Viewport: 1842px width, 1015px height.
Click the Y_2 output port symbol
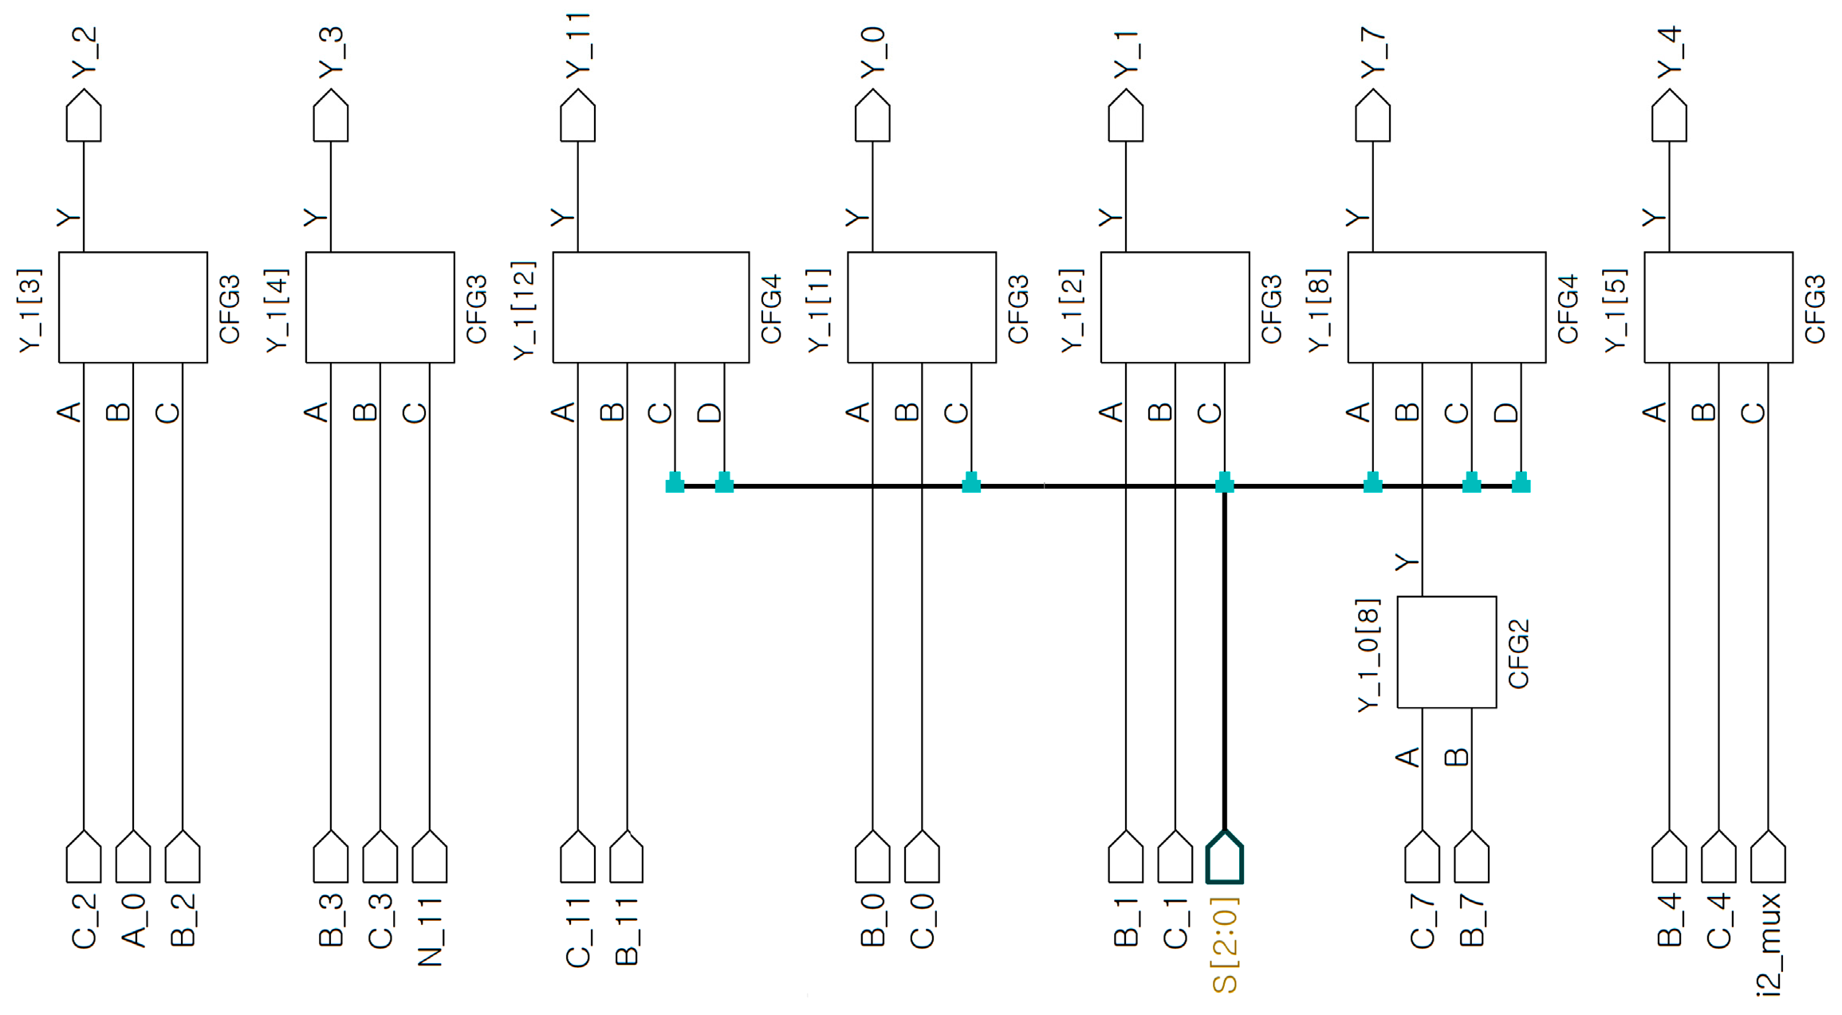[x=84, y=116]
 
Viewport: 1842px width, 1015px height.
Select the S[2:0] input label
[x=1226, y=946]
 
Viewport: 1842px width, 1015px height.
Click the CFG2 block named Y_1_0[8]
[x=1446, y=651]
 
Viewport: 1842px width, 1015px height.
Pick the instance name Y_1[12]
[x=524, y=309]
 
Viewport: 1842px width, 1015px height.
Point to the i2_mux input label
[x=1769, y=946]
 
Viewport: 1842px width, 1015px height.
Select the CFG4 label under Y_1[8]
[x=1568, y=309]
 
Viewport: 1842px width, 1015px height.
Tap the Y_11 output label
[x=578, y=46]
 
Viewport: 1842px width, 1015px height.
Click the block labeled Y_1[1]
[x=921, y=307]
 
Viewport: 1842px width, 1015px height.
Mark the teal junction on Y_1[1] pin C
[x=971, y=483]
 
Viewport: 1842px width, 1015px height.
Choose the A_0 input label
[x=134, y=921]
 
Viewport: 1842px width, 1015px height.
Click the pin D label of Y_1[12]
[x=710, y=412]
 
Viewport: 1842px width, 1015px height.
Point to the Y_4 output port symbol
[x=1669, y=116]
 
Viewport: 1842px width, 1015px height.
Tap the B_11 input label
[x=628, y=932]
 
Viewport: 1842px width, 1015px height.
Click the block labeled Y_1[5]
[x=1718, y=307]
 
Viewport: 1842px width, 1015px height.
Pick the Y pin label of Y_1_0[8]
[x=1407, y=562]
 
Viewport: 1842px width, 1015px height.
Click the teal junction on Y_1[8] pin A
[x=1372, y=483]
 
